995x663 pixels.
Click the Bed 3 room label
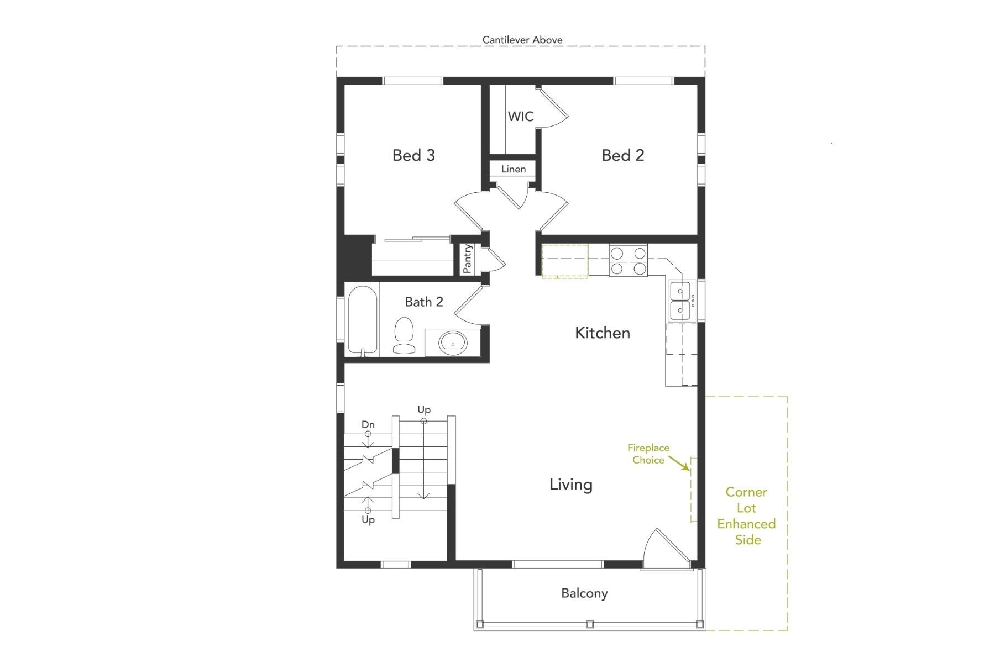[413, 155]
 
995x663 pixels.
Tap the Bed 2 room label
[622, 155]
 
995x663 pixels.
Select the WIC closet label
[521, 117]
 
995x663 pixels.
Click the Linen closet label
[514, 169]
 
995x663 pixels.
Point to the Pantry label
[468, 259]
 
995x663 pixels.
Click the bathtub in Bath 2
[363, 320]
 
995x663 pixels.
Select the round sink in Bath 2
[453, 344]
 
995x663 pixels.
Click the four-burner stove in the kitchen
[628, 261]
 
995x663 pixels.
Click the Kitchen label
[602, 333]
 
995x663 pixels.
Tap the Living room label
[570, 485]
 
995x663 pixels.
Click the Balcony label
[584, 593]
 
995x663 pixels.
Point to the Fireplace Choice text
[648, 454]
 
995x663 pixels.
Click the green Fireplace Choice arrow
[679, 463]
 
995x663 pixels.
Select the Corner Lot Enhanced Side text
[746, 515]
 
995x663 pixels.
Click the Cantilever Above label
[522, 40]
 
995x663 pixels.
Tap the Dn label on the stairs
[368, 424]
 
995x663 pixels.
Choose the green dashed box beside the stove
[564, 261]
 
